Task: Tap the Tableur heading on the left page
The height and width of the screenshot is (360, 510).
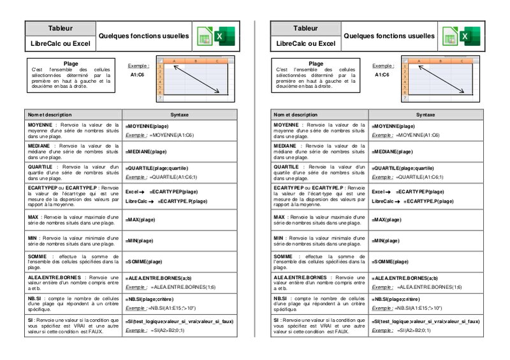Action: [60, 29]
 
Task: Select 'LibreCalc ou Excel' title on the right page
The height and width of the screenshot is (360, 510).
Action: [305, 44]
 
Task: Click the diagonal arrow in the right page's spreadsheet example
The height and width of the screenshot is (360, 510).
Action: [440, 78]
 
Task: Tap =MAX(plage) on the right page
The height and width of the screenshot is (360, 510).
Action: [386, 219]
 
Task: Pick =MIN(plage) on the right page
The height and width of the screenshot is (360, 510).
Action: [386, 241]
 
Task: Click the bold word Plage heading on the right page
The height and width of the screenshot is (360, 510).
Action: [316, 64]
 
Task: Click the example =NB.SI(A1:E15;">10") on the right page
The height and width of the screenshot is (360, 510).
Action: [422, 308]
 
